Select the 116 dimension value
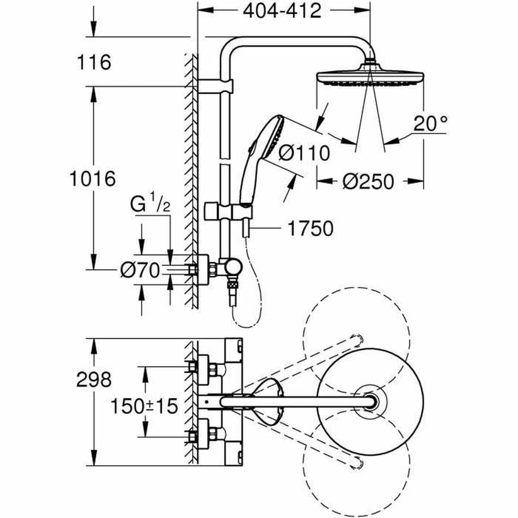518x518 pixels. (94, 62)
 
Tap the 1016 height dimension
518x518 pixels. (92, 178)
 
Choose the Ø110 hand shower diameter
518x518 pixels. (303, 153)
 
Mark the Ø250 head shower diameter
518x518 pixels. (368, 182)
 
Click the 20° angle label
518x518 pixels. (430, 124)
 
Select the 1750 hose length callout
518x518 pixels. (310, 229)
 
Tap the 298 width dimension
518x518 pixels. (94, 380)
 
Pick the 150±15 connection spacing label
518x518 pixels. (144, 406)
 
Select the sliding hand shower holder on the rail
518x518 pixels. (225, 212)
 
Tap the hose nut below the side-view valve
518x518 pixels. (233, 286)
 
